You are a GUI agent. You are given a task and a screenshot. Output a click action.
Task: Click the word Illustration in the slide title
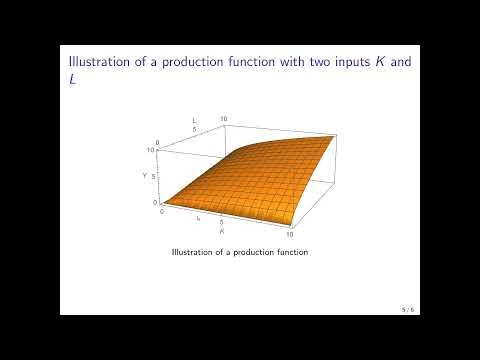[x=96, y=59]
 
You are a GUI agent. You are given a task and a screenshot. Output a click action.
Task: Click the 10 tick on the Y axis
[x=149, y=150]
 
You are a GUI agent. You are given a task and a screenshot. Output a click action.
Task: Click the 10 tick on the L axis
[x=224, y=118]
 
